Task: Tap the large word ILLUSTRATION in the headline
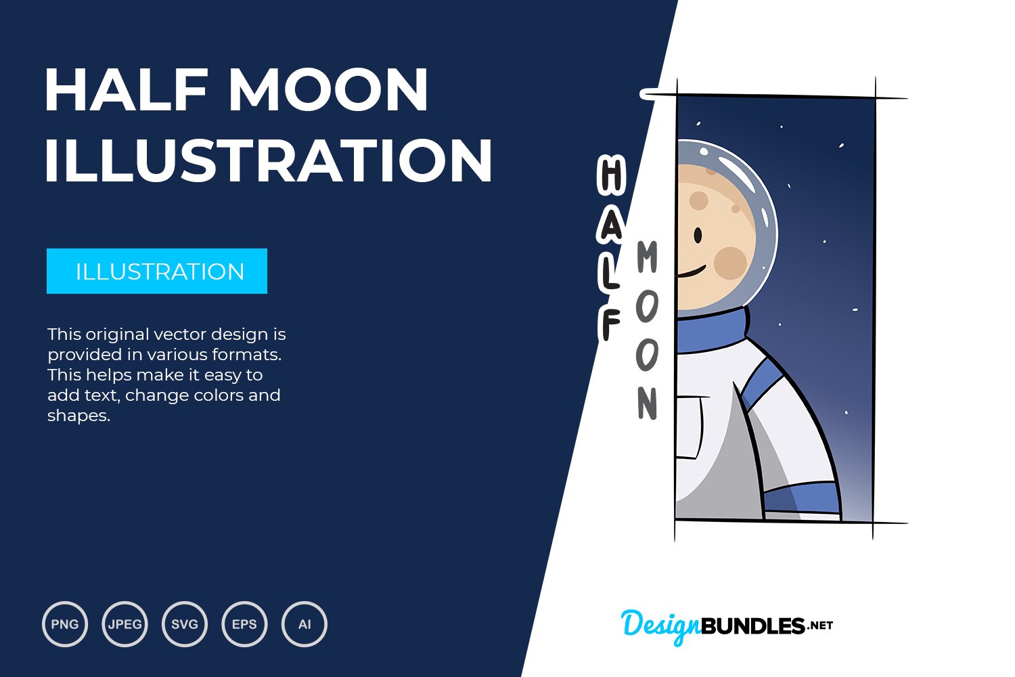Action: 268,160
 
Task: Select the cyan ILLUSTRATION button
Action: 157,271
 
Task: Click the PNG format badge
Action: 65,624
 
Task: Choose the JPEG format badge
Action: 125,624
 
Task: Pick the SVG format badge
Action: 185,624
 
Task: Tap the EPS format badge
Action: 244,624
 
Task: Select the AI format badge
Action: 304,624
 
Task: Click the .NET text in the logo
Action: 820,626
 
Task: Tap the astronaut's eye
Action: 698,236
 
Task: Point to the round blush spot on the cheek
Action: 729,263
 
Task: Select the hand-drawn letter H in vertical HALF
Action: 611,174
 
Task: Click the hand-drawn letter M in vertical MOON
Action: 647,257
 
